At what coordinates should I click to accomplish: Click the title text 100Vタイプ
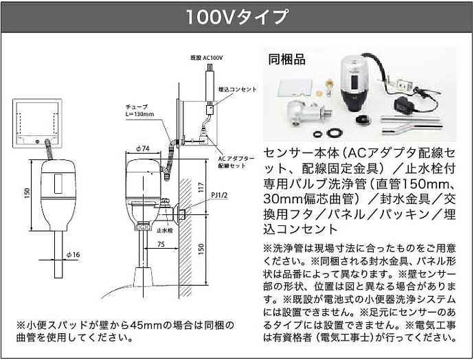(236, 17)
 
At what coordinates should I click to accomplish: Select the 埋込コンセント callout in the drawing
(237, 89)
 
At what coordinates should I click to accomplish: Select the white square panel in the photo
(293, 88)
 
